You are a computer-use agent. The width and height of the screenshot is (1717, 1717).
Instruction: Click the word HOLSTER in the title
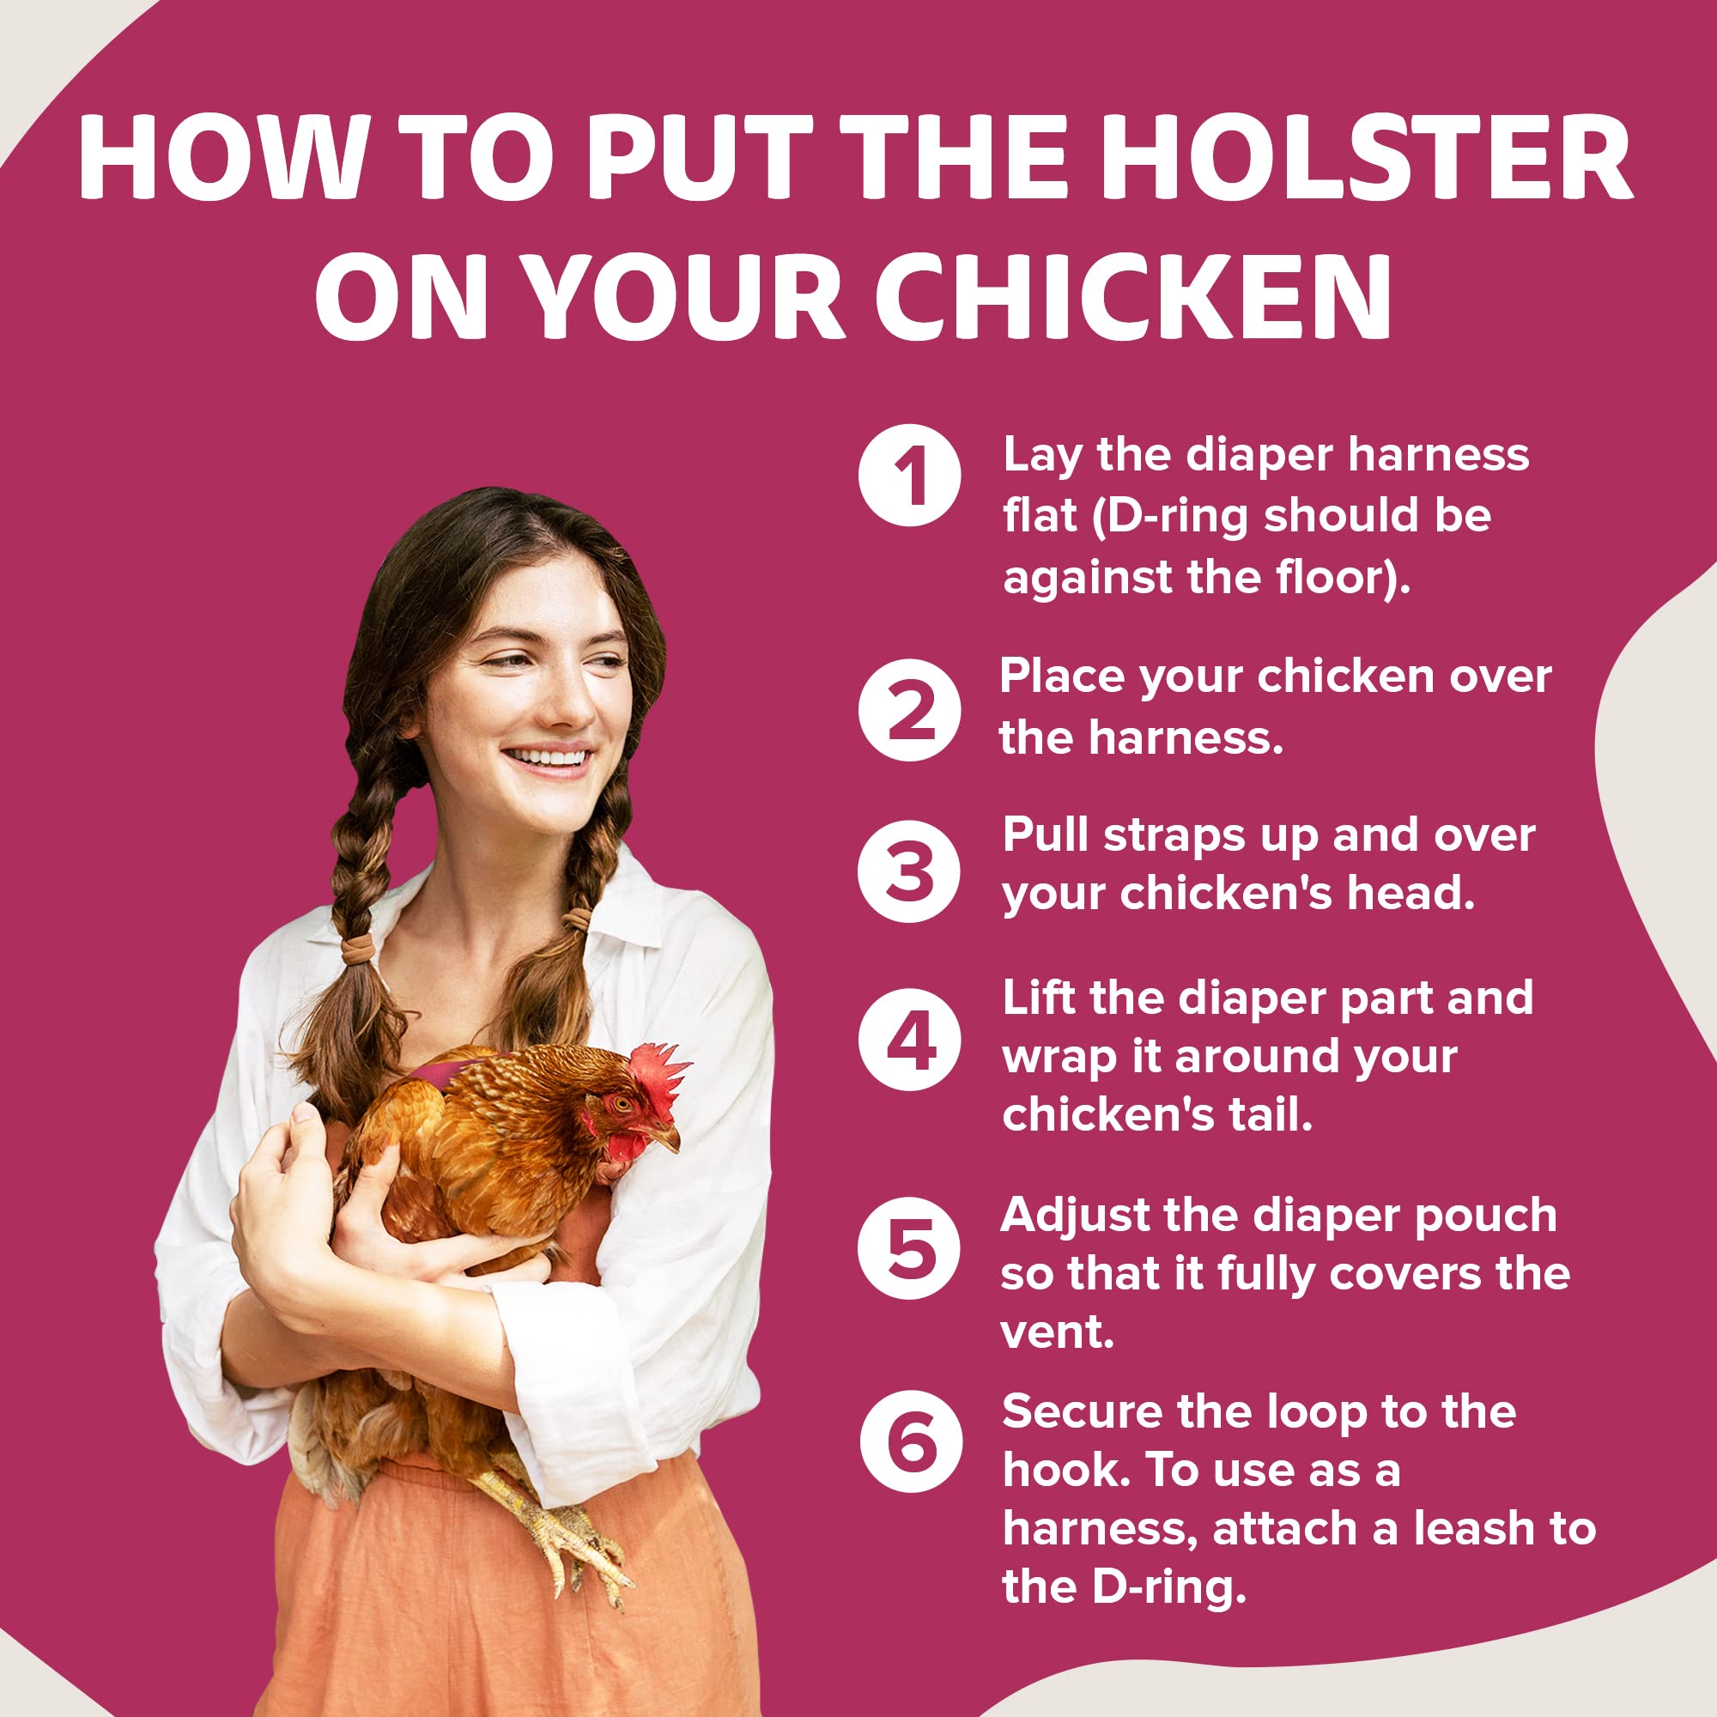click(x=1371, y=157)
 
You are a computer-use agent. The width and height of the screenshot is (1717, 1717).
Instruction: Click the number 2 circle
click(x=909, y=709)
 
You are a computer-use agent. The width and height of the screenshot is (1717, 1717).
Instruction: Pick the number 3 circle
click(x=909, y=870)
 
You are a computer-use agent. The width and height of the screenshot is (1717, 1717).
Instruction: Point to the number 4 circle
click(x=909, y=1039)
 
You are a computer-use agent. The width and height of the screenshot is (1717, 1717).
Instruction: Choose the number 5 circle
click(x=909, y=1247)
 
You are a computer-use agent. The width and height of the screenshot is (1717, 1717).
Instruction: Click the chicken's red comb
click(x=658, y=1077)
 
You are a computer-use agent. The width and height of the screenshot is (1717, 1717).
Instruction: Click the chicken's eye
click(x=622, y=1105)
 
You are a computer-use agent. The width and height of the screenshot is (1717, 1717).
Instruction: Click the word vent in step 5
click(x=1057, y=1332)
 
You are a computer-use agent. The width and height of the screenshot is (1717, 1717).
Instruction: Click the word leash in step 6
click(x=1482, y=1529)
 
